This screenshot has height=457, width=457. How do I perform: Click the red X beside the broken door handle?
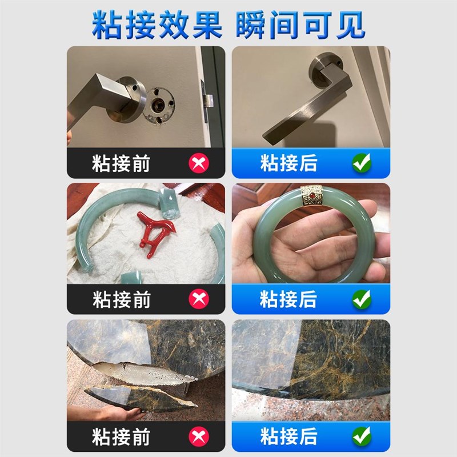click(x=199, y=164)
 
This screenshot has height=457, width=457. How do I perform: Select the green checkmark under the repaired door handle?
click(x=361, y=163)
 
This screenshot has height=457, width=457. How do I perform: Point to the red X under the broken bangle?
click(x=199, y=299)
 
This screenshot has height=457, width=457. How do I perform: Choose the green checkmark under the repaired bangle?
click(x=361, y=299)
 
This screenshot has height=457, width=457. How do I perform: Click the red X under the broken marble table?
click(x=199, y=437)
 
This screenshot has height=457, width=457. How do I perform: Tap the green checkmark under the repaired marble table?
click(x=361, y=437)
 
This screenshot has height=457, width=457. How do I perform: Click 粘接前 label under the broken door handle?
click(x=121, y=164)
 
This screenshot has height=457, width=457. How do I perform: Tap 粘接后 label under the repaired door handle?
click(x=288, y=163)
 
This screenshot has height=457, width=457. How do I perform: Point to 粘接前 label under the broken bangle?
click(x=121, y=299)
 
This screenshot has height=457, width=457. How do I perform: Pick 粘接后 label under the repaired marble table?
click(x=288, y=437)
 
